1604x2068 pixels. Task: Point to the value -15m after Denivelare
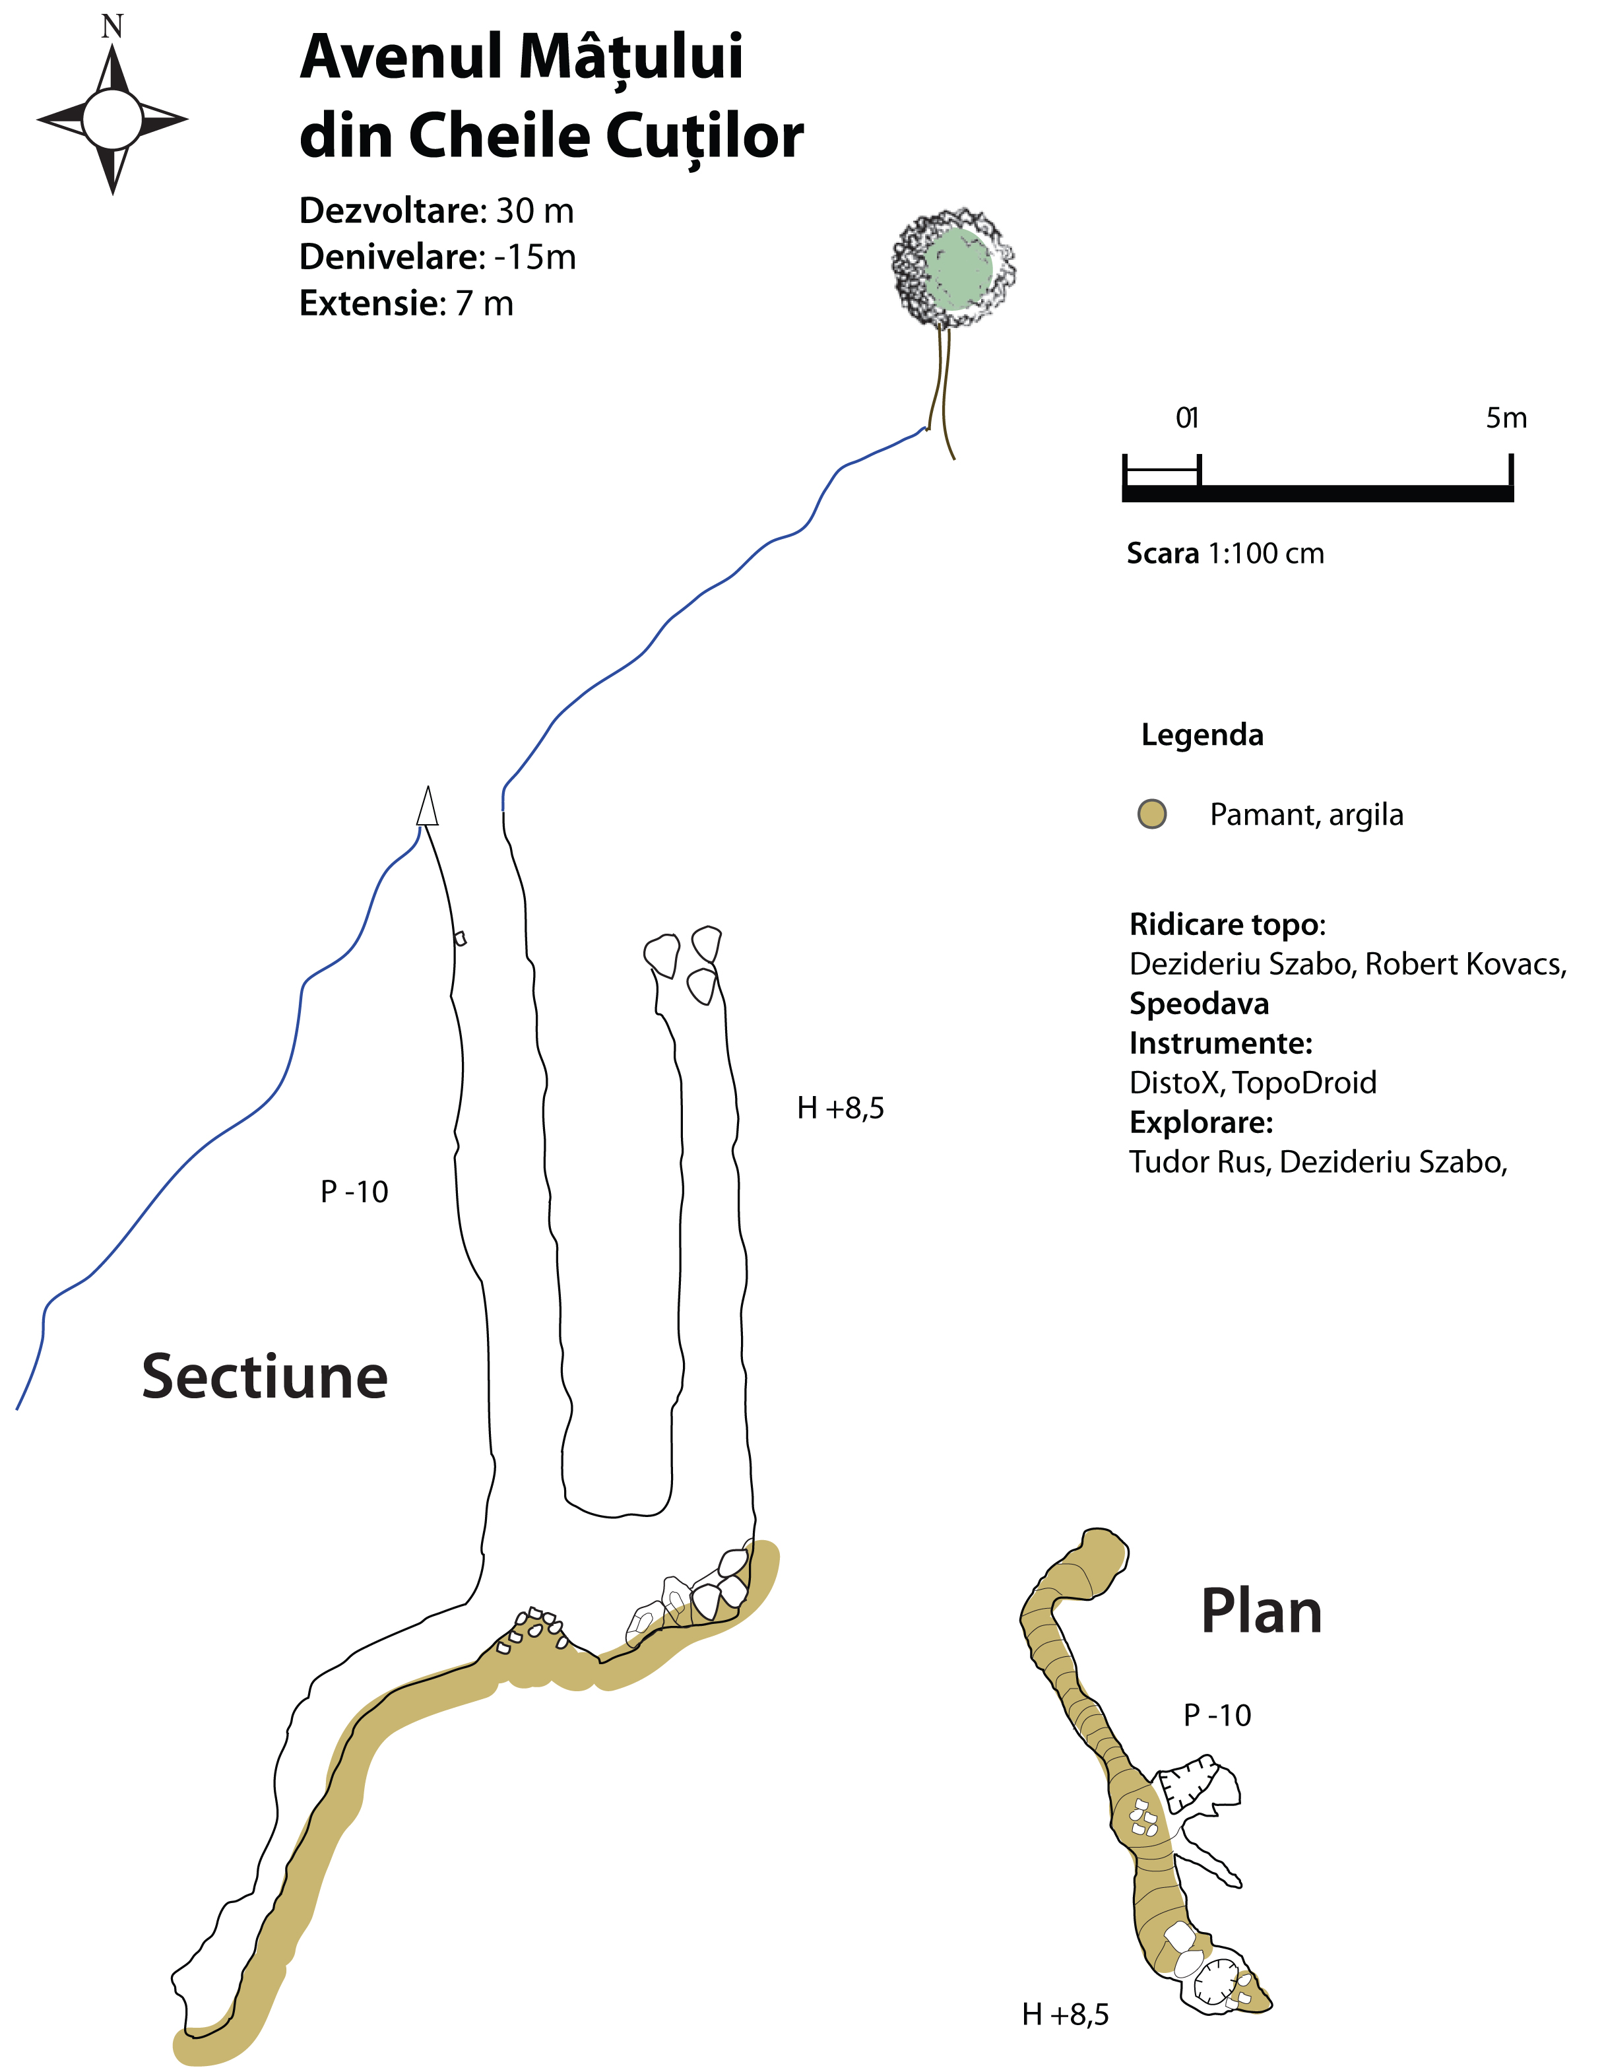(535, 257)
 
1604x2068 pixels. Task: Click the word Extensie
(369, 303)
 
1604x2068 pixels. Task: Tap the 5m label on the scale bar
(1506, 418)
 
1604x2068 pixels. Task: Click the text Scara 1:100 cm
(1225, 553)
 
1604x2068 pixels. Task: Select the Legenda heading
(1202, 735)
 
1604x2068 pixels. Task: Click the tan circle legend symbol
(1151, 814)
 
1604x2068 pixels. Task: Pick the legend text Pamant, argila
(1306, 814)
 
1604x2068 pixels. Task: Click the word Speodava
(1199, 1004)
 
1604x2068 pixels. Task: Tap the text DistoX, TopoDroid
(1253, 1082)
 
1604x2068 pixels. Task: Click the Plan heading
(1262, 1611)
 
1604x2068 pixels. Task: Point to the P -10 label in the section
(354, 1191)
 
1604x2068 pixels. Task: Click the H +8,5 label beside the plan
(1065, 2014)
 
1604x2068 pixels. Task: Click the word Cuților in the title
(705, 137)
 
